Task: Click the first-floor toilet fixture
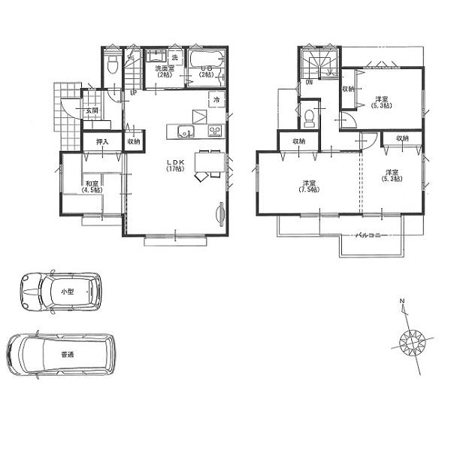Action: (112, 65)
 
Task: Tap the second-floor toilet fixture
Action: (310, 117)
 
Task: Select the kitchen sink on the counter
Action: (185, 133)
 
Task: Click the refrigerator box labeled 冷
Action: (216, 99)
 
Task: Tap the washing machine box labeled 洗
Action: (174, 58)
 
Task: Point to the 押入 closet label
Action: (100, 141)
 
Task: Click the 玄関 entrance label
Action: (91, 110)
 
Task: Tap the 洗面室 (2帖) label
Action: (164, 72)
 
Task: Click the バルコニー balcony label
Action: (371, 235)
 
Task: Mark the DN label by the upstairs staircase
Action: (309, 83)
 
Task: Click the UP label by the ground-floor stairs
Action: (133, 92)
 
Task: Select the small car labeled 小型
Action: (59, 291)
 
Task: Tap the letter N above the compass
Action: (402, 302)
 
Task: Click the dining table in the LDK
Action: (207, 162)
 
